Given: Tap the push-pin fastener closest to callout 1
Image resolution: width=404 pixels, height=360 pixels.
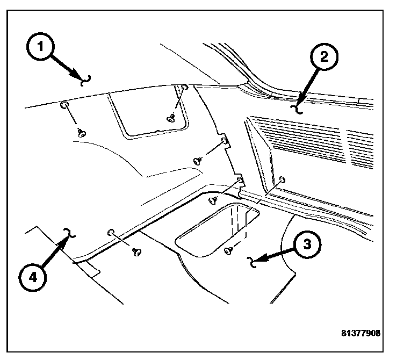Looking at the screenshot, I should point(82,132).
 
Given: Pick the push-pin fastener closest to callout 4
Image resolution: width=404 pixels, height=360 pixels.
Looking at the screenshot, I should point(135,250).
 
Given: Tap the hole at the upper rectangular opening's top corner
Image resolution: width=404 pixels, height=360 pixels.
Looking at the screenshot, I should point(184,87).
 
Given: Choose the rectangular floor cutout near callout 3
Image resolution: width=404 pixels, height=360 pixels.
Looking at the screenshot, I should point(218,228).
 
